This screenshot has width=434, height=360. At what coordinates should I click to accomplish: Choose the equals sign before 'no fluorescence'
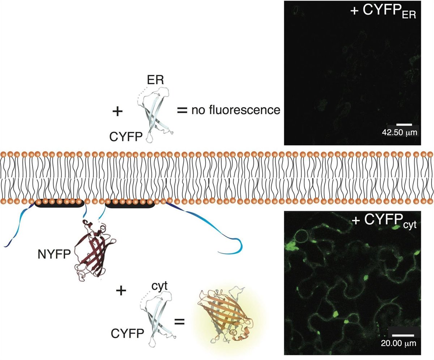click(x=182, y=110)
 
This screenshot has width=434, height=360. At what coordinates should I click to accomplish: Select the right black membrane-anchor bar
click(x=130, y=203)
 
